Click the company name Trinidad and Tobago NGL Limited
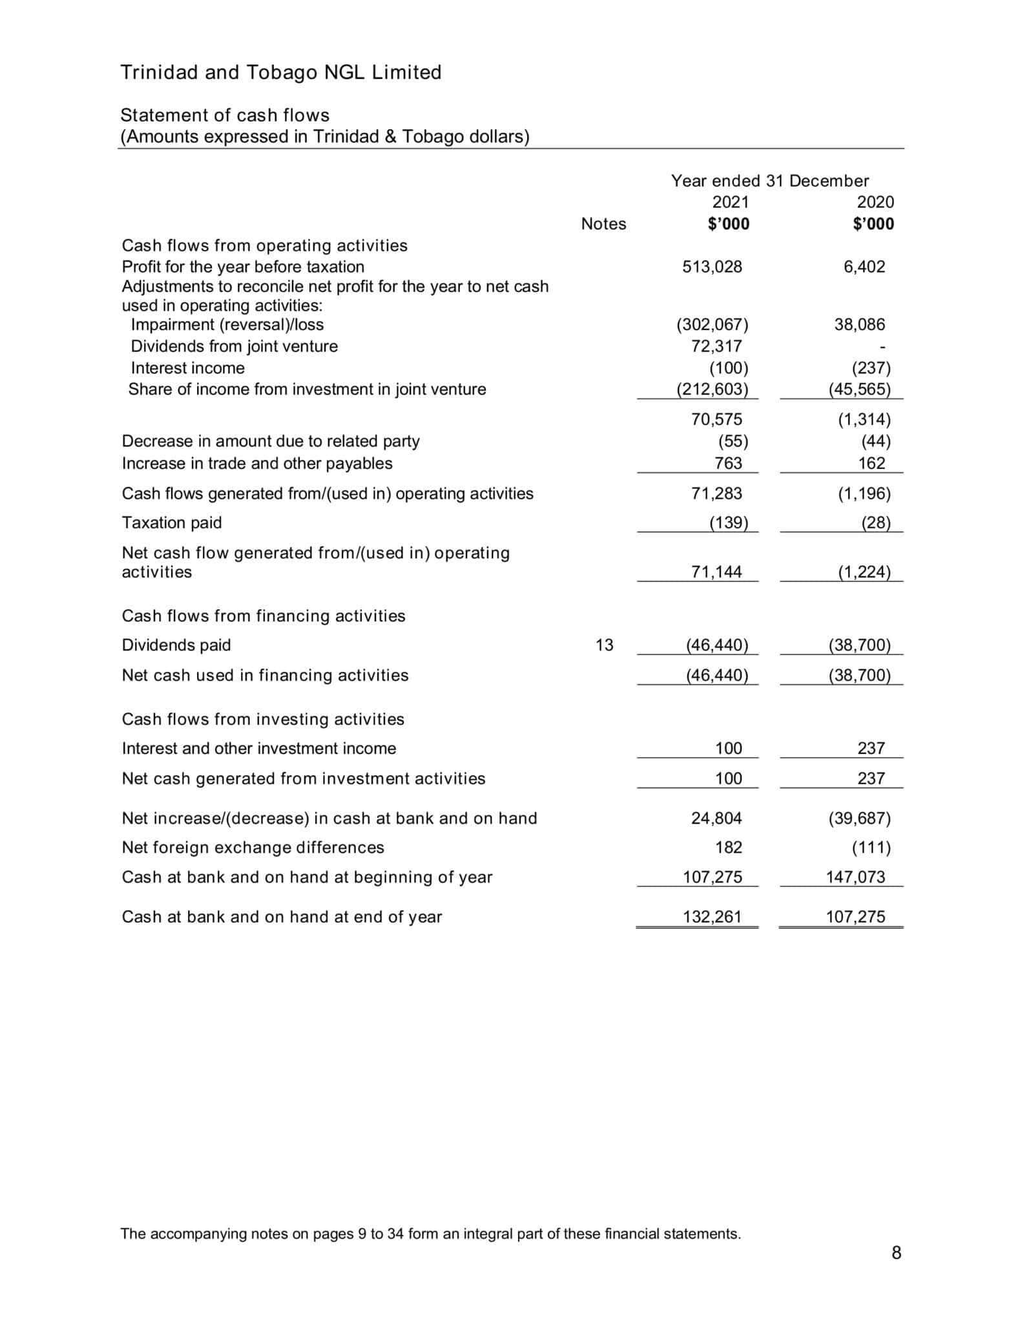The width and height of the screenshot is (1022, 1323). [280, 72]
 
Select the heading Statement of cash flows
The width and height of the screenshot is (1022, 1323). [225, 115]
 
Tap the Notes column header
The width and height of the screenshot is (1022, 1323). [603, 224]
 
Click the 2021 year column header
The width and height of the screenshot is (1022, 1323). [730, 202]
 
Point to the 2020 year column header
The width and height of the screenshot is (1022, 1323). [875, 202]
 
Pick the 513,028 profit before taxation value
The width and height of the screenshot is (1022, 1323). [712, 267]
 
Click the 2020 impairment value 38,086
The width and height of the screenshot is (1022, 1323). [859, 324]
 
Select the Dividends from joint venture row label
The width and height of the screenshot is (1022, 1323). [234, 346]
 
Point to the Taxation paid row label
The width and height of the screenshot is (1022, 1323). [171, 523]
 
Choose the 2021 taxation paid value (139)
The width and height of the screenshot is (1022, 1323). [728, 523]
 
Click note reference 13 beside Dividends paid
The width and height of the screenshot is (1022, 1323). [603, 645]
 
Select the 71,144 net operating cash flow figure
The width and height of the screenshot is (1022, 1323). [716, 572]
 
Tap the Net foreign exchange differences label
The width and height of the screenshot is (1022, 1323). [253, 847]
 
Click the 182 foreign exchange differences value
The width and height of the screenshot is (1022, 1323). [728, 847]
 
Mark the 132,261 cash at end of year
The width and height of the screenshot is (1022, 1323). [712, 917]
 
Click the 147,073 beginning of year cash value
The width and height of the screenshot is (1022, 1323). [855, 877]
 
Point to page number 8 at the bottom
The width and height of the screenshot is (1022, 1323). [895, 1253]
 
